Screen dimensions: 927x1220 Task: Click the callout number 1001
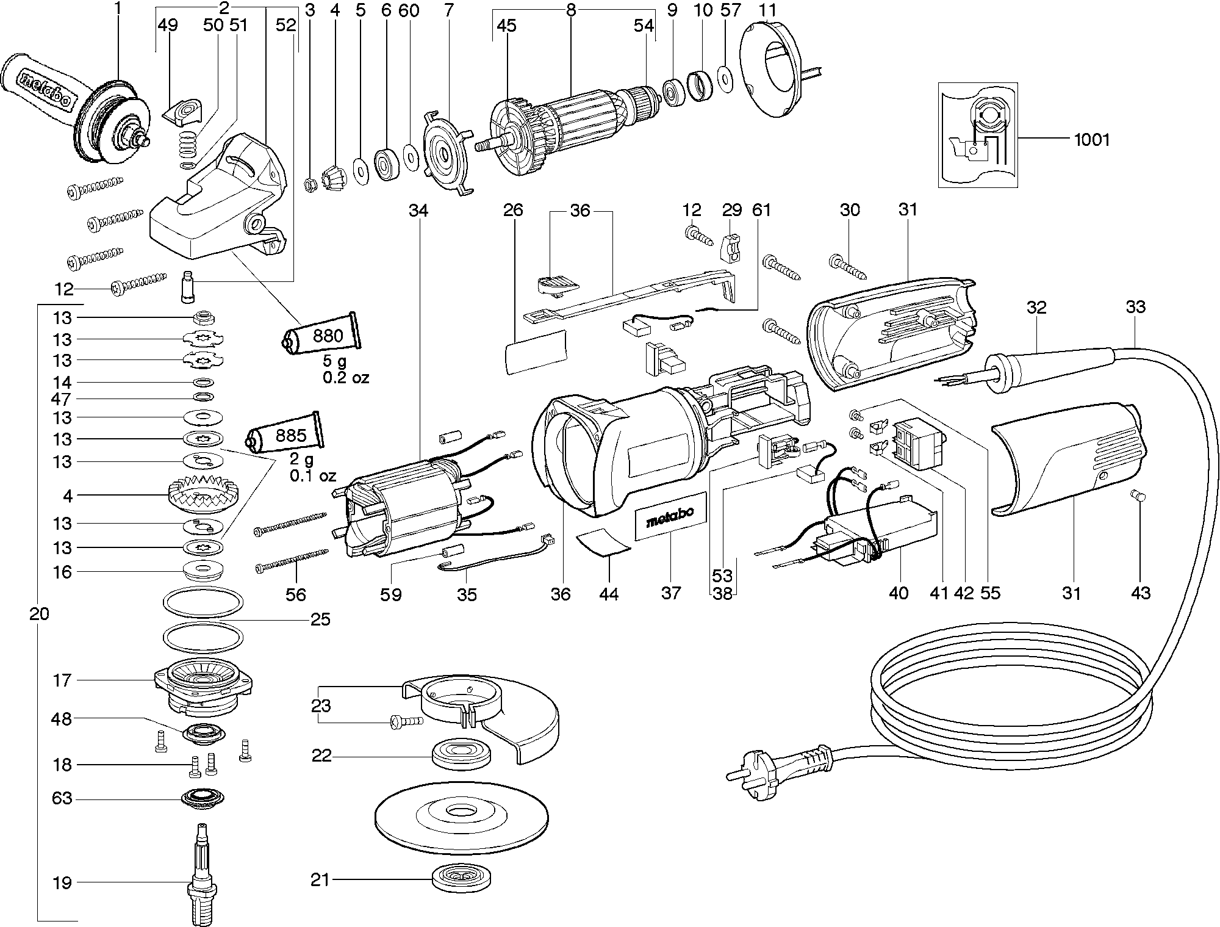1092,140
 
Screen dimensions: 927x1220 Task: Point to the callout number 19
62,882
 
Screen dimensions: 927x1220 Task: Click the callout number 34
418,211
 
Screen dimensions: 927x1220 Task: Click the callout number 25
320,620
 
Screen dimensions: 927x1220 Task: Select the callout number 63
62,798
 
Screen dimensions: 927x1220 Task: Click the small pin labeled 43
1136,496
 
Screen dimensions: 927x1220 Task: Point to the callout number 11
767,10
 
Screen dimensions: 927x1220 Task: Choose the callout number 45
506,25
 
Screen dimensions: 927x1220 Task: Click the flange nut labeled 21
461,879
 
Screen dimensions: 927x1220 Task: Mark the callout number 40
899,593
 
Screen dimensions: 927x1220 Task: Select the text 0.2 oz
346,378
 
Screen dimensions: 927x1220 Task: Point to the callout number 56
296,594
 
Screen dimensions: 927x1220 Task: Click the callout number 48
62,719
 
